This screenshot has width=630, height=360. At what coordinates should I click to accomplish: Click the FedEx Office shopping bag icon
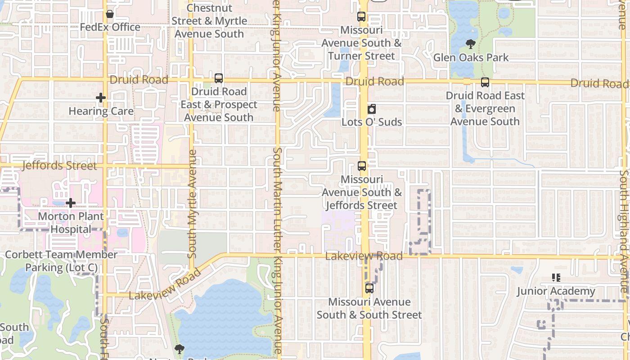click(x=109, y=14)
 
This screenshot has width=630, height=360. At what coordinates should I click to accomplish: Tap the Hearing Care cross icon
click(x=101, y=98)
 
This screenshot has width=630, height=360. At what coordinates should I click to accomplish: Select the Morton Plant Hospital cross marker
click(x=71, y=203)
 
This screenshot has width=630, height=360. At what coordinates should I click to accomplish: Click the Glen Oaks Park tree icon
click(x=471, y=44)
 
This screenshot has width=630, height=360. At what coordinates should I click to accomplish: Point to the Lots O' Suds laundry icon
click(x=372, y=109)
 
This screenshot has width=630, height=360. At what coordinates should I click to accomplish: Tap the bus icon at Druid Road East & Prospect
click(x=219, y=78)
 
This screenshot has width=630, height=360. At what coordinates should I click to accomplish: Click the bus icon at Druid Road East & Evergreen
click(x=485, y=82)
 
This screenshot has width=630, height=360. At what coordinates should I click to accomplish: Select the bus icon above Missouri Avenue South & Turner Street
click(x=361, y=17)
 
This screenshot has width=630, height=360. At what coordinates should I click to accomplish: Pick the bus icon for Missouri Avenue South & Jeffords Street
click(x=362, y=166)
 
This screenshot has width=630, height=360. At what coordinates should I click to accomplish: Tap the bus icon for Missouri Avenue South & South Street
click(x=369, y=288)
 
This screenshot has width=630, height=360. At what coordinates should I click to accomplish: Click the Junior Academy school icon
click(x=556, y=278)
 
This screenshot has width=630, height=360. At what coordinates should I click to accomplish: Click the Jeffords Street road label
click(x=59, y=166)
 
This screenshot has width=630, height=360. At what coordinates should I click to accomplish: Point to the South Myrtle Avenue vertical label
click(x=192, y=203)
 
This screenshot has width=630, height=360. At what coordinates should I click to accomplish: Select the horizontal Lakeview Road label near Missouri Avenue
click(x=364, y=256)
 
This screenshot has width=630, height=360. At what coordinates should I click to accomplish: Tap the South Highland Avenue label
click(x=624, y=229)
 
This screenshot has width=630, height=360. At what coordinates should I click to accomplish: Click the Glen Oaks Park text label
click(x=471, y=58)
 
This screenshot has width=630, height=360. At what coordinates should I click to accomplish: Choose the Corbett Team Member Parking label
click(x=61, y=261)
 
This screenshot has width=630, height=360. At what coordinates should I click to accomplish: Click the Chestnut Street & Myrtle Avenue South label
click(x=209, y=21)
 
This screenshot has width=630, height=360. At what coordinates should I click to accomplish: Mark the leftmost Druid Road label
click(x=139, y=80)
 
